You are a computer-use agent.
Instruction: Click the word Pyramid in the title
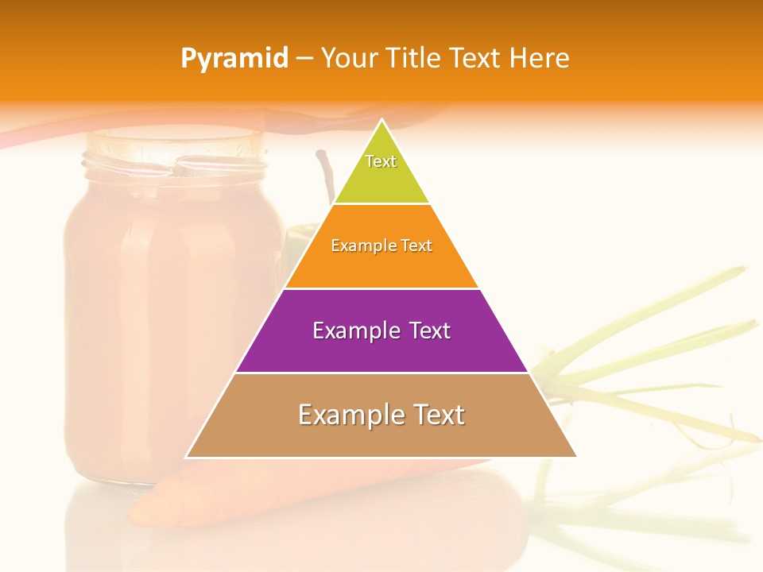[234, 59]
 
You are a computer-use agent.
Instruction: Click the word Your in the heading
[349, 59]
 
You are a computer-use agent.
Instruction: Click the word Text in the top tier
[381, 161]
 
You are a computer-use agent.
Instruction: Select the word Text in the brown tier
[438, 415]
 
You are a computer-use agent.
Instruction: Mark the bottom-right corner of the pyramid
[575, 456]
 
